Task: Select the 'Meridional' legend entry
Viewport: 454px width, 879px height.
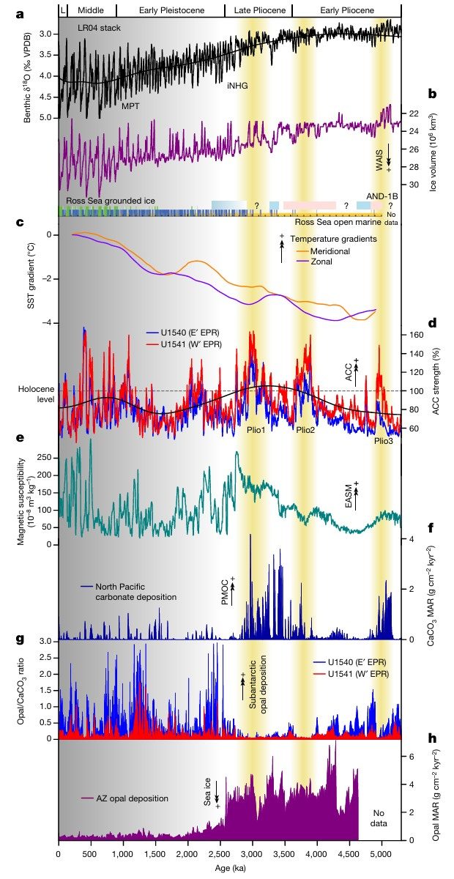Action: pos(330,251)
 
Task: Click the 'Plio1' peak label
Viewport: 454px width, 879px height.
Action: pos(254,429)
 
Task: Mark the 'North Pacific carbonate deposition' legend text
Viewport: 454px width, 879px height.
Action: pos(127,592)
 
